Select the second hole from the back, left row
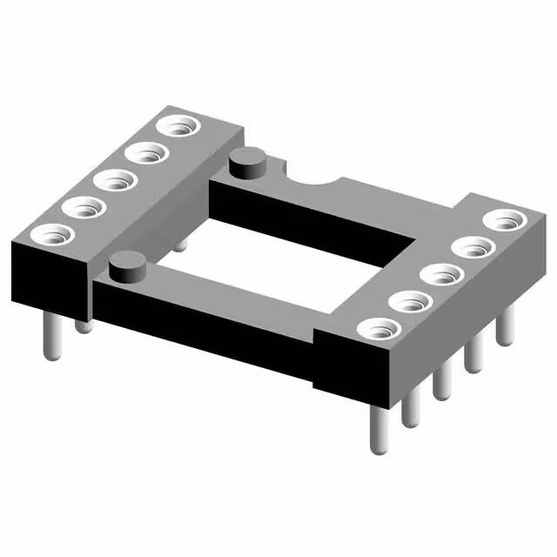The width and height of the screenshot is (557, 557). (x=145, y=154)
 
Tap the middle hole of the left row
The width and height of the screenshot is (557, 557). (x=114, y=180)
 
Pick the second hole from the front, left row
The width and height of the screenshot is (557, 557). (x=81, y=207)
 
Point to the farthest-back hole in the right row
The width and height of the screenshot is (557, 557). (x=503, y=220)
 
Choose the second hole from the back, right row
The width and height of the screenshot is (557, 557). (x=473, y=247)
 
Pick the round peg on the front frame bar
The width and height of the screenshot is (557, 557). (x=128, y=263)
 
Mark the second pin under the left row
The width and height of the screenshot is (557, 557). (x=84, y=323)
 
